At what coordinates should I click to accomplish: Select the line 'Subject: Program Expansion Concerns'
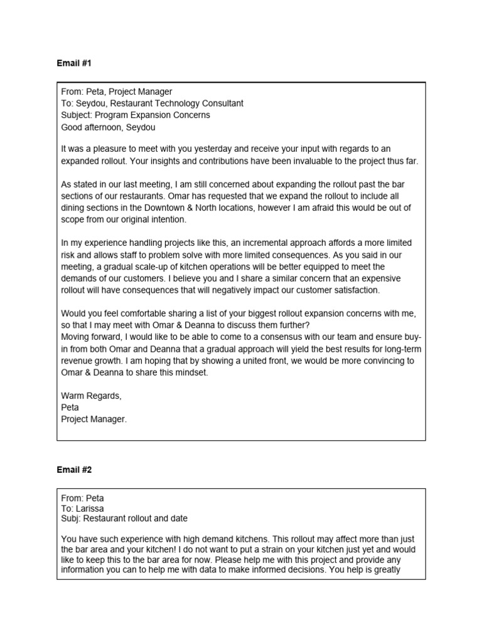pyautogui.click(x=136, y=115)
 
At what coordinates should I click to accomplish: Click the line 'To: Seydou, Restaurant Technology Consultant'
pyautogui.click(x=152, y=103)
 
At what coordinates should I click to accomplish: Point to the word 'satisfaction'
pyautogui.click(x=356, y=290)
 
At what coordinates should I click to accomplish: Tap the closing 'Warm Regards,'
pyautogui.click(x=91, y=396)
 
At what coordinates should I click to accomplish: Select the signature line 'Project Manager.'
pyautogui.click(x=94, y=419)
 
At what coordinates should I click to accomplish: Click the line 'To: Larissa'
pyautogui.click(x=83, y=508)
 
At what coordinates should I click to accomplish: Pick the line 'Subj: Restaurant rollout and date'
pyautogui.click(x=124, y=519)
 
